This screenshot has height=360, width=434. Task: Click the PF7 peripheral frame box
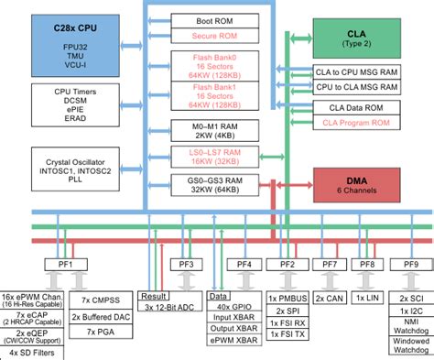point(330,265)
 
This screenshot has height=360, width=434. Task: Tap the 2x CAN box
point(330,299)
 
